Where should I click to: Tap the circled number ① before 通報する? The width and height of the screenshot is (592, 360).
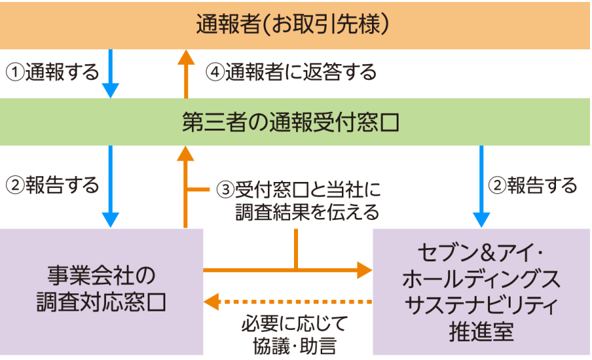(15, 71)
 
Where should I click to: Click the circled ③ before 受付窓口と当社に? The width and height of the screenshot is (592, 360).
(226, 189)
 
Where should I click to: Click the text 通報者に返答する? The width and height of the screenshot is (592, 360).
(300, 71)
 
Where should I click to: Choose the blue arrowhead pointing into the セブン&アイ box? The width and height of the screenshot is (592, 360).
(481, 220)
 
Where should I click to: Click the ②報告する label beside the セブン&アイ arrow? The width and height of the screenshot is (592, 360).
(533, 185)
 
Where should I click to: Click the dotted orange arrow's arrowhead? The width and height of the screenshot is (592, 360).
(211, 301)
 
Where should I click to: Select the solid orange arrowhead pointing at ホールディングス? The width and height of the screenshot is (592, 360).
(364, 270)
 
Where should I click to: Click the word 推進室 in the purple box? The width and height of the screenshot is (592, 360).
(481, 330)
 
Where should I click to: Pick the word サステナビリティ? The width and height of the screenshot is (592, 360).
(481, 305)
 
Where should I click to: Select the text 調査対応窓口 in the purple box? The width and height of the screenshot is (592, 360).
(101, 301)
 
